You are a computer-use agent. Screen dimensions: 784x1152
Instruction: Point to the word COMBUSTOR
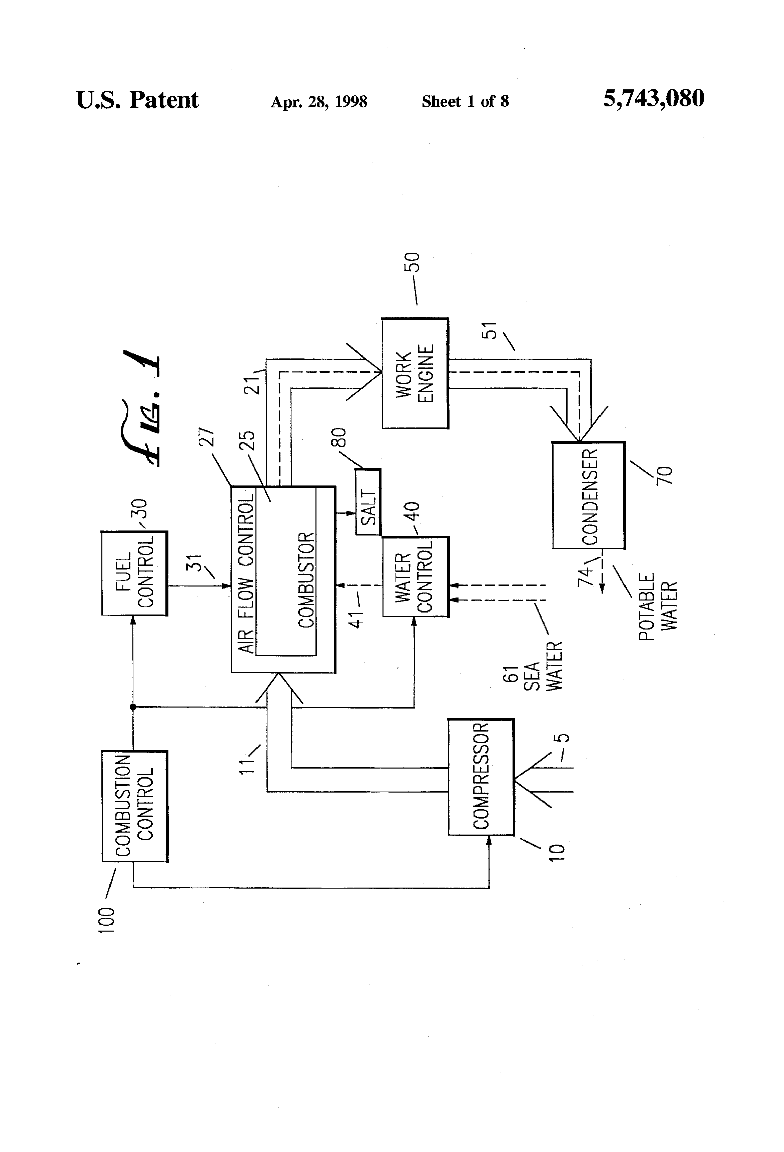(306, 580)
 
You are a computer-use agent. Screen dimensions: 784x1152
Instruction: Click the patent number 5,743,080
(653, 99)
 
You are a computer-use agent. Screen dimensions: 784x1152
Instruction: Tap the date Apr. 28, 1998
(319, 102)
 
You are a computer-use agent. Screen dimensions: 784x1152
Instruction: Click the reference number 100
(106, 920)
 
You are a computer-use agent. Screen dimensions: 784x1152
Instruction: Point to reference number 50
(412, 262)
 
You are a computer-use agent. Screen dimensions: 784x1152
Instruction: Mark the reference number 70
(665, 475)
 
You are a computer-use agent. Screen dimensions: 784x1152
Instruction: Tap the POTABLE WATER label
(657, 607)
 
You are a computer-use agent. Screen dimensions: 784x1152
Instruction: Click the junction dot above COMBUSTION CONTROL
(133, 707)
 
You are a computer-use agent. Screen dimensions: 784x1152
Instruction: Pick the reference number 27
(207, 437)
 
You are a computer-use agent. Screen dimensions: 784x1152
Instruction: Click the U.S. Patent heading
(137, 100)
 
